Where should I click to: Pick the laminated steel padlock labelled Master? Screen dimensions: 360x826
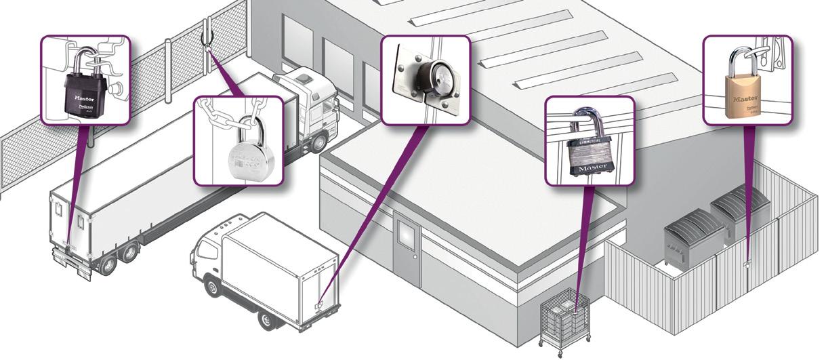[x=589, y=155]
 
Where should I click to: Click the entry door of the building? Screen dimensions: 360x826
[x=408, y=252]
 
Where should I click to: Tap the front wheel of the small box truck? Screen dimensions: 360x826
[x=213, y=287]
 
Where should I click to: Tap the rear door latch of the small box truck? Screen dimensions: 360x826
[x=318, y=304]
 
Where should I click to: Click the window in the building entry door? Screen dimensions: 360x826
[x=407, y=235]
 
